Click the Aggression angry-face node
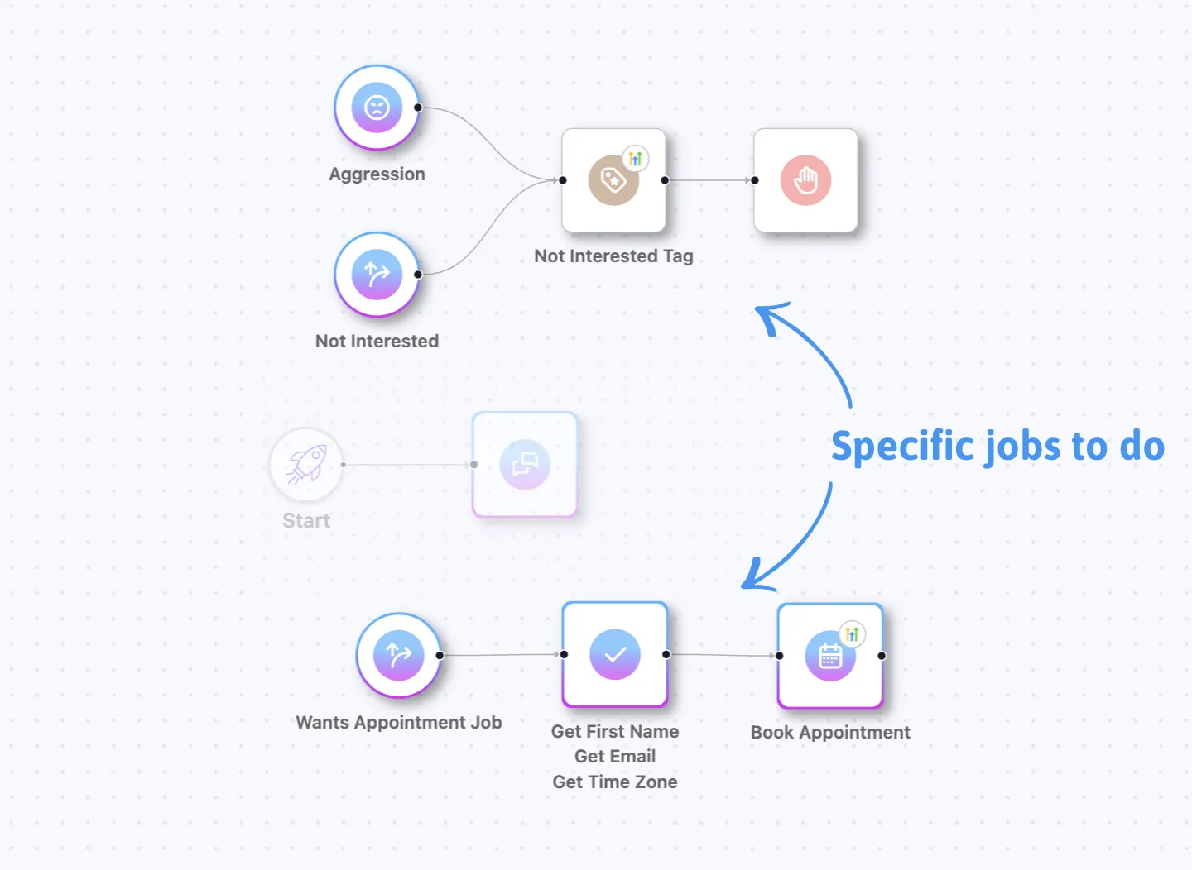[377, 108]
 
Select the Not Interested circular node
[377, 274]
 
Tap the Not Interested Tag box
[613, 180]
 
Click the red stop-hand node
[805, 180]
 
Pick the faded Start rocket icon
[306, 464]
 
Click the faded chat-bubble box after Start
[525, 464]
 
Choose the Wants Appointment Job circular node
[398, 655]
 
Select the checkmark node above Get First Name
[615, 654]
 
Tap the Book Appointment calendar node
[830, 656]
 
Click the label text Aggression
[377, 174]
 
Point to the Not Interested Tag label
[613, 256]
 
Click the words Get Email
[615, 757]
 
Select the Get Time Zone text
[615, 782]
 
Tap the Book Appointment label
[830, 733]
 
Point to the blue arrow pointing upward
[811, 347]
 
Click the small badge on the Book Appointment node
[853, 634]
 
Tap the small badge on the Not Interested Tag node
[636, 159]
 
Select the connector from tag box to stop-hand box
[709, 180]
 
